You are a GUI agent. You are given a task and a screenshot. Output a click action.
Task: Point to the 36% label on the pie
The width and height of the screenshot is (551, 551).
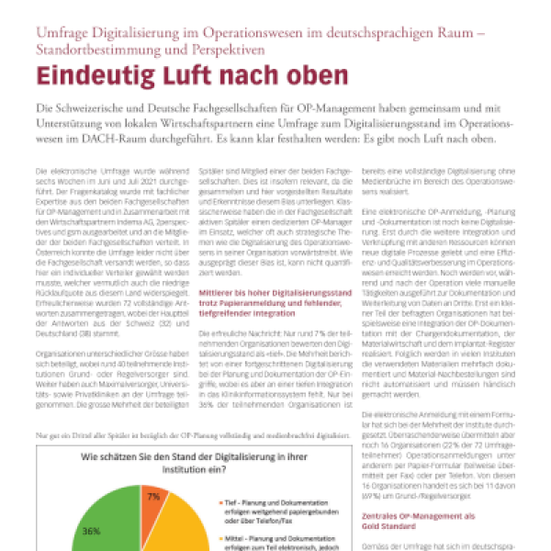pyautogui.click(x=93, y=531)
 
